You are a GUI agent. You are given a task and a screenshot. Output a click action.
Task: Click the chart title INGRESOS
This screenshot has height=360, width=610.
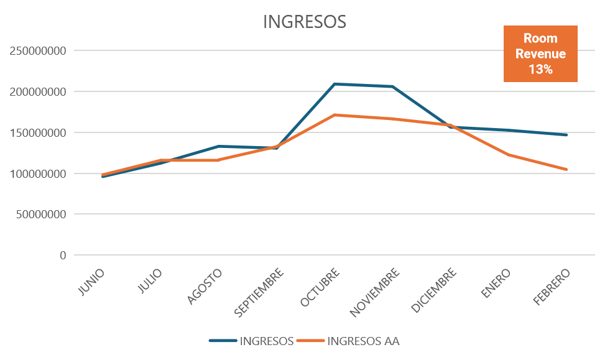pyautogui.click(x=304, y=22)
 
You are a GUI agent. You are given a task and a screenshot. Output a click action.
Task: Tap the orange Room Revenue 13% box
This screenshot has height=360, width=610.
pyautogui.click(x=540, y=54)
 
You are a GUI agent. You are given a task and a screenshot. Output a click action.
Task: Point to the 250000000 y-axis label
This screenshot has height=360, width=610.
pyautogui.click(x=38, y=51)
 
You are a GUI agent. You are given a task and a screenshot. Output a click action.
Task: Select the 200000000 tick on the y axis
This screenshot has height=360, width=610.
pyautogui.click(x=38, y=92)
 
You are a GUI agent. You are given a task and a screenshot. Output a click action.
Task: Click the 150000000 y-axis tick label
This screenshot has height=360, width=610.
pyautogui.click(x=38, y=132)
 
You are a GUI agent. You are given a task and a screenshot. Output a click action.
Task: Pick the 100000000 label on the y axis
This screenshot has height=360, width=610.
pyautogui.click(x=38, y=173)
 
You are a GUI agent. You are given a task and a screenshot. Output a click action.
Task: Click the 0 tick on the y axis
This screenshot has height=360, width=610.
pyautogui.click(x=62, y=255)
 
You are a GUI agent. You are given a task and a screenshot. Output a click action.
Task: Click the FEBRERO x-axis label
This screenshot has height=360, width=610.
pyautogui.click(x=551, y=287)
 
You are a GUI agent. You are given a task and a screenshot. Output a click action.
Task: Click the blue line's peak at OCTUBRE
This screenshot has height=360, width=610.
pyautogui.click(x=335, y=84)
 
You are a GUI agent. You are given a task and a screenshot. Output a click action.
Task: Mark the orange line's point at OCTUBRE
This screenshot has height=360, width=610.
pyautogui.click(x=335, y=115)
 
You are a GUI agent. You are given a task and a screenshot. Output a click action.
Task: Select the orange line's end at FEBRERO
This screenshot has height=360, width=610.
pyautogui.click(x=566, y=169)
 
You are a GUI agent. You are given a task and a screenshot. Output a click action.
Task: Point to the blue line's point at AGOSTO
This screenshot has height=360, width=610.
pyautogui.click(x=218, y=147)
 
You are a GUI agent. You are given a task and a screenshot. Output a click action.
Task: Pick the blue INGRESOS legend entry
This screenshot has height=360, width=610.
pyautogui.click(x=252, y=341)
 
